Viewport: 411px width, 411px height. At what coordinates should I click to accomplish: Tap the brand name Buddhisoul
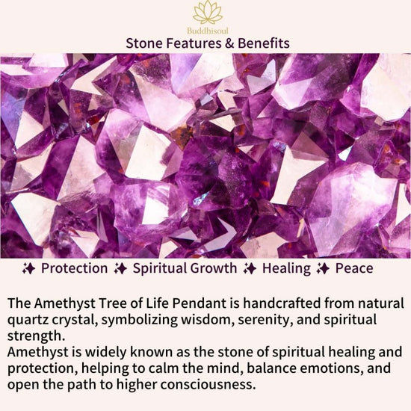pyautogui.click(x=208, y=31)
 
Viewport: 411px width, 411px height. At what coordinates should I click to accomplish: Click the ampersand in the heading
pyautogui.click(x=229, y=43)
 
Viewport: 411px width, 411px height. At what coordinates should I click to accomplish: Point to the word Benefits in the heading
pyautogui.click(x=264, y=43)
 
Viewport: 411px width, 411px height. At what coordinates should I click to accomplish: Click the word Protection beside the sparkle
pyautogui.click(x=75, y=268)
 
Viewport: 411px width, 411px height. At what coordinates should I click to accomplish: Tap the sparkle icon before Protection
pyautogui.click(x=28, y=269)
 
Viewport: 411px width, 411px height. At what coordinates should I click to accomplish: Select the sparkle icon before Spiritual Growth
pyautogui.click(x=120, y=269)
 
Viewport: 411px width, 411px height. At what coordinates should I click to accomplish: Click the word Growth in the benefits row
pyautogui.click(x=214, y=268)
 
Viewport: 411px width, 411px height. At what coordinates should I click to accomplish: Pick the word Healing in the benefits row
pyautogui.click(x=286, y=269)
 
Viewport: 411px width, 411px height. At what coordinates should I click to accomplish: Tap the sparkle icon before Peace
pyautogui.click(x=323, y=269)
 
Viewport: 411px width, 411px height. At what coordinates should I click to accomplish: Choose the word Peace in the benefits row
pyautogui.click(x=354, y=268)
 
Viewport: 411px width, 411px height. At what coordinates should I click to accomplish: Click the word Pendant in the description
pyautogui.click(x=200, y=303)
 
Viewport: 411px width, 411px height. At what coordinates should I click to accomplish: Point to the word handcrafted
pyautogui.click(x=282, y=303)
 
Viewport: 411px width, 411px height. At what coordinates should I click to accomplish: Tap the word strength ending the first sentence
pyautogui.click(x=36, y=336)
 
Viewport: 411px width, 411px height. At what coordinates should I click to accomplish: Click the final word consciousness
pyautogui.click(x=208, y=385)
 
